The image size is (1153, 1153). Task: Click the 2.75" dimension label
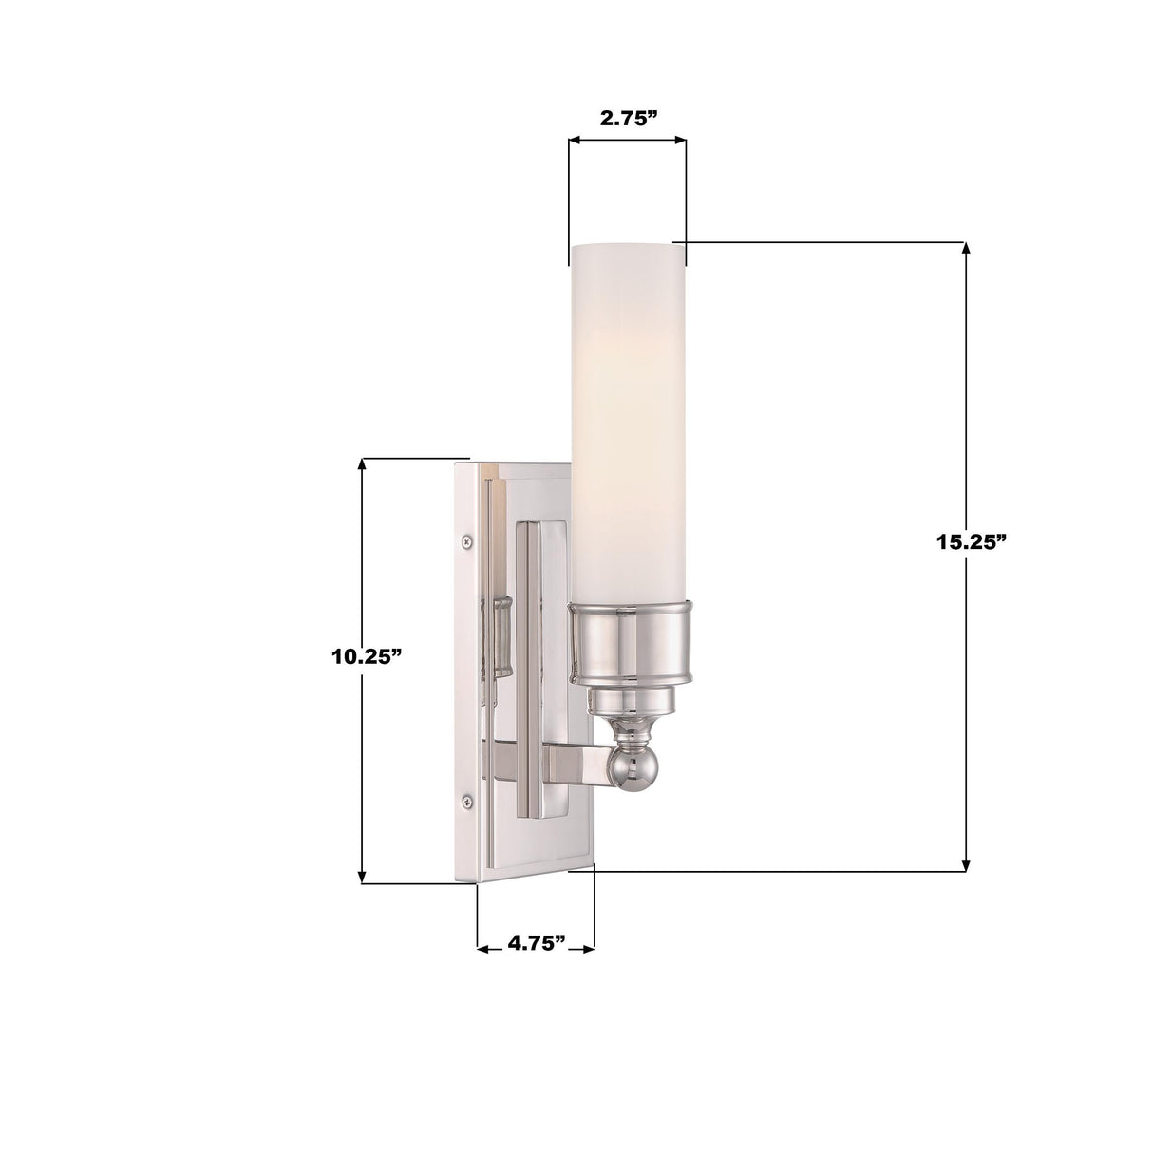pyautogui.click(x=628, y=118)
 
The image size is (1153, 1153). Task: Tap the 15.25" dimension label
pyautogui.click(x=971, y=542)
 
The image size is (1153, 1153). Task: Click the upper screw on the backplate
pyautogui.click(x=466, y=541)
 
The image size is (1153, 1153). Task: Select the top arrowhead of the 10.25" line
pyautogui.click(x=362, y=465)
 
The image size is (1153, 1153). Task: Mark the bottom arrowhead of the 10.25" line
pyautogui.click(x=362, y=877)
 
